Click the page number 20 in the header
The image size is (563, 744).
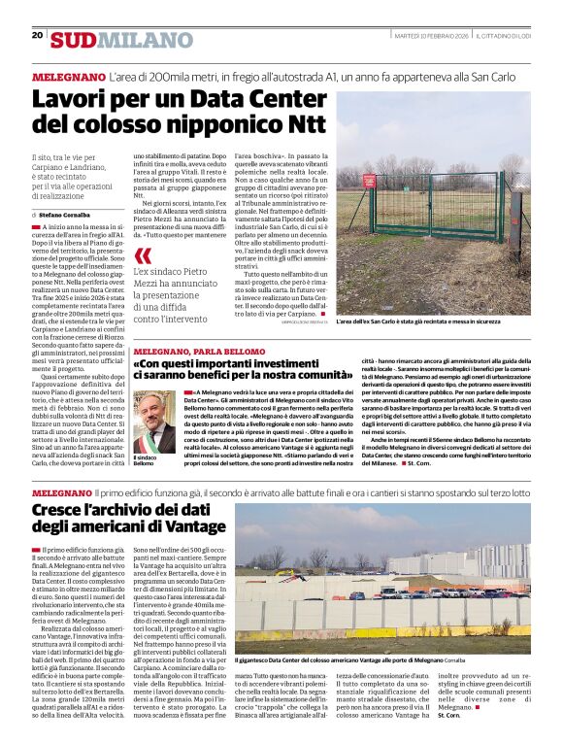[x=37, y=35]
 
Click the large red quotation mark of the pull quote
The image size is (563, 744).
[x=143, y=255]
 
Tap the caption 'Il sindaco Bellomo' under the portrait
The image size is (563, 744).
[x=146, y=460]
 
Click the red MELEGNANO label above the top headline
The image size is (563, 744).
[x=68, y=75]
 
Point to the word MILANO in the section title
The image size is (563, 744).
[x=132, y=40]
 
